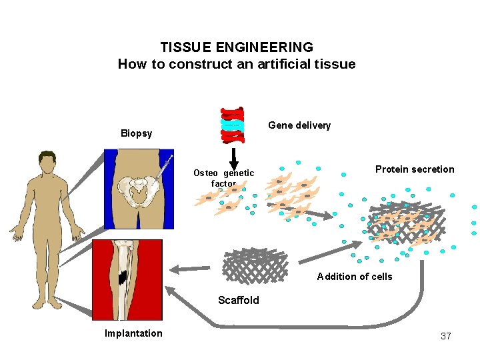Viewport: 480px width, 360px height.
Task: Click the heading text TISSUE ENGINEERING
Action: point(237,47)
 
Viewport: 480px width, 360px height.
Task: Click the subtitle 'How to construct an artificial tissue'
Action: point(237,64)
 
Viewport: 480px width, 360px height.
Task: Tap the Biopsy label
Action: point(136,133)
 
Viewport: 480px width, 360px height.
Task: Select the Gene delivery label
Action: point(299,125)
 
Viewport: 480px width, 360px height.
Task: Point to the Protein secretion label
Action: point(414,169)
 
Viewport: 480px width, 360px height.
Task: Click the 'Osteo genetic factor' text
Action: point(223,178)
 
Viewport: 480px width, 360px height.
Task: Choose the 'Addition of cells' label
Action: point(354,277)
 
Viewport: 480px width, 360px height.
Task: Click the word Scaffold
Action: point(238,300)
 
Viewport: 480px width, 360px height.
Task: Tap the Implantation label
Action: point(133,333)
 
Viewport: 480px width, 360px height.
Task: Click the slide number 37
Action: point(445,336)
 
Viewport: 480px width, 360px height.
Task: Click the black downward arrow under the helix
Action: point(234,158)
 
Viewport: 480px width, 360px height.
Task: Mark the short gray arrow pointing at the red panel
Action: point(190,269)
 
